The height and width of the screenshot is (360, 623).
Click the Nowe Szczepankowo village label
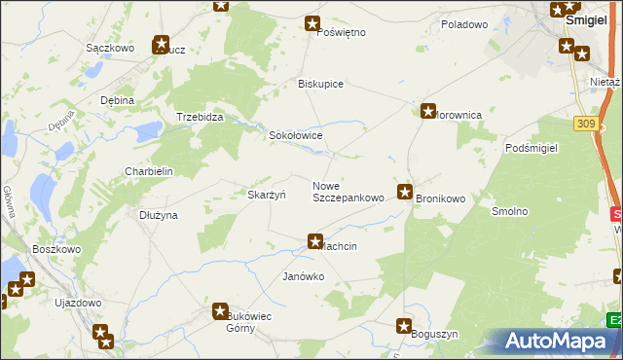(x=348, y=192)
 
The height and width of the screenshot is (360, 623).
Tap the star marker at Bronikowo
(x=405, y=192)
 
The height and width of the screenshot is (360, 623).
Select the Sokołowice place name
(x=295, y=136)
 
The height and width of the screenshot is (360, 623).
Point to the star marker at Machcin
(x=315, y=240)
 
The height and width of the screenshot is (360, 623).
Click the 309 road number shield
(x=584, y=124)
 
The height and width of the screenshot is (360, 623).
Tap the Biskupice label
(x=320, y=84)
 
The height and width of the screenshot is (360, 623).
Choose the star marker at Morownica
(x=427, y=112)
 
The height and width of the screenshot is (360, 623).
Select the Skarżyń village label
(x=266, y=195)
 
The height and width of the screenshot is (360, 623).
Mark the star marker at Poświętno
(x=312, y=23)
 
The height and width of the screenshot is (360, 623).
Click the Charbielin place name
(x=148, y=171)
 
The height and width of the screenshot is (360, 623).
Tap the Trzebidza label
(x=200, y=117)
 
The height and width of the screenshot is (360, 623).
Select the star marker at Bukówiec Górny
(x=221, y=310)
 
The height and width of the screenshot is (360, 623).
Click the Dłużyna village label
(x=158, y=215)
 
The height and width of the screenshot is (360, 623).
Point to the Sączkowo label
(x=109, y=47)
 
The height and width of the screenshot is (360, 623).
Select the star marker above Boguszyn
(x=405, y=325)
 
